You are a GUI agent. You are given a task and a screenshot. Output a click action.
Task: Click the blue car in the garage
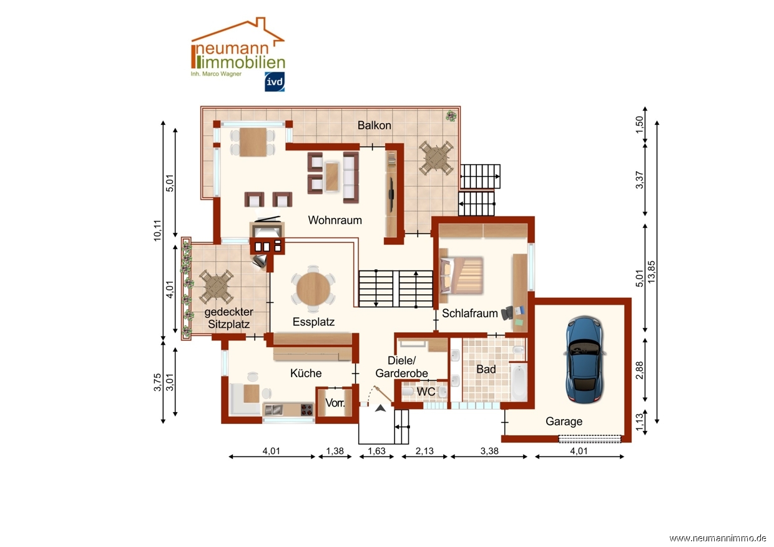(585, 360)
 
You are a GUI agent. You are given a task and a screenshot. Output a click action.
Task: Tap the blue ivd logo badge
(275, 82)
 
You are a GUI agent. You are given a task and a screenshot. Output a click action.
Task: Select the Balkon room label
(375, 125)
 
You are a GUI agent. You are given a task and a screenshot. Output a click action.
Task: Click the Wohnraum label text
(335, 220)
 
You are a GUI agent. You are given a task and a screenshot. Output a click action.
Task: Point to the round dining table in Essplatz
(313, 289)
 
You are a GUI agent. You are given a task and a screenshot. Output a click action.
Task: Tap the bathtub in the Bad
(519, 382)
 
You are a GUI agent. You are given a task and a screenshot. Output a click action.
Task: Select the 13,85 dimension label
(651, 272)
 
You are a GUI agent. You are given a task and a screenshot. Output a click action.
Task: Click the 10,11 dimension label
(157, 230)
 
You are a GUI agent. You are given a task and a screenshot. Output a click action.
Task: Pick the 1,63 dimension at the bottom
(376, 451)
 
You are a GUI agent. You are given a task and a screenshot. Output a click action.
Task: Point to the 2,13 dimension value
(424, 451)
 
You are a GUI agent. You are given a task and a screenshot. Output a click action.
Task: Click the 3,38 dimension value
(489, 451)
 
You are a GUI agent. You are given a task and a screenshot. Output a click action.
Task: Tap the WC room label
(426, 392)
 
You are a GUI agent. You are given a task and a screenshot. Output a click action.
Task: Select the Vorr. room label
(335, 403)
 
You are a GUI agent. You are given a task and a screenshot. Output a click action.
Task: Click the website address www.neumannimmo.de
(718, 538)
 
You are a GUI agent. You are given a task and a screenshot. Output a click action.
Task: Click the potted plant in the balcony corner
(451, 116)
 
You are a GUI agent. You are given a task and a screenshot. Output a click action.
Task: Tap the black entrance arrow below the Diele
(380, 408)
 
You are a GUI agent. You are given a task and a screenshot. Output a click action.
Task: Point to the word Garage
(564, 421)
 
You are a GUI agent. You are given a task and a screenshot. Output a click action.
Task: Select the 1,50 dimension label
(640, 124)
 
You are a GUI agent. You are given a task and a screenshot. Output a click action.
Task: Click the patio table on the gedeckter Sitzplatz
(217, 286)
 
